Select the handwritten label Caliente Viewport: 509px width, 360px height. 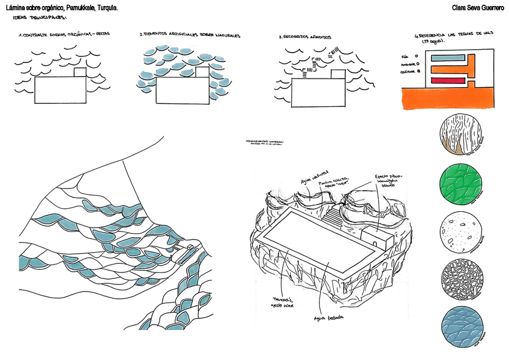coord(408,71)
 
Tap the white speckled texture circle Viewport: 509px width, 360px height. coord(461,231)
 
